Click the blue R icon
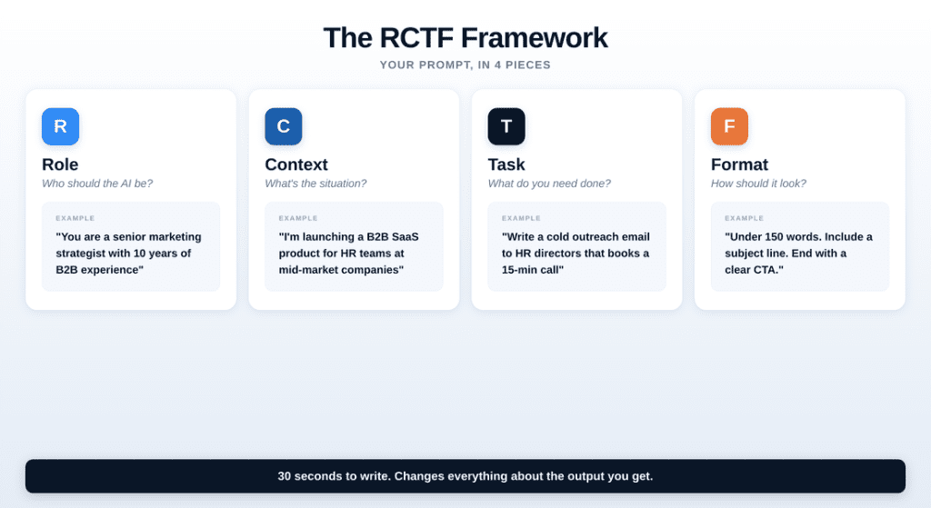click(61, 126)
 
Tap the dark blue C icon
click(284, 126)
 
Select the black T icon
click(506, 126)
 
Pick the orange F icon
click(729, 126)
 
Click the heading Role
click(60, 164)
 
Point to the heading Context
click(296, 164)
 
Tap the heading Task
click(506, 164)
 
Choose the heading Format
click(739, 164)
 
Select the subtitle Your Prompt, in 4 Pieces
click(465, 65)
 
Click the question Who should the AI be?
click(97, 184)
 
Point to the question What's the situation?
click(315, 184)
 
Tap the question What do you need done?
click(549, 184)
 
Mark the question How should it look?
click(758, 184)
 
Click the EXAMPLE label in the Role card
click(75, 218)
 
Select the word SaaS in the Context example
click(405, 237)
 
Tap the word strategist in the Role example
click(81, 254)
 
